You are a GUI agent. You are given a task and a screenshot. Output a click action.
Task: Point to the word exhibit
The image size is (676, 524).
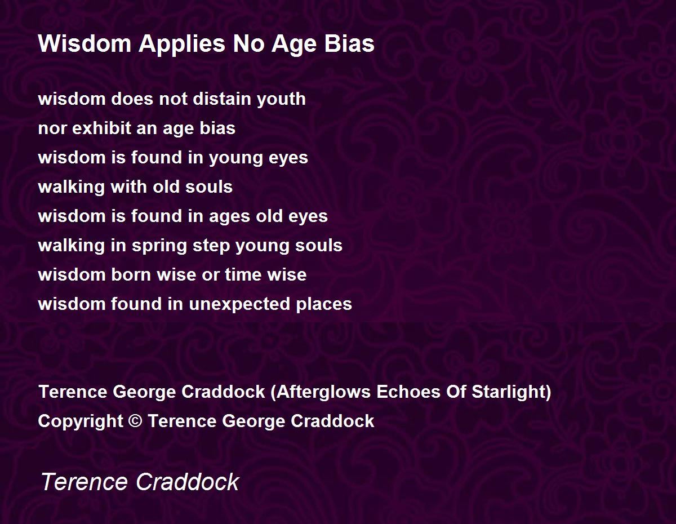(x=102, y=128)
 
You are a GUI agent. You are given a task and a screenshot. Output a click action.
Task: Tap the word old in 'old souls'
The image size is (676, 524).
(x=166, y=186)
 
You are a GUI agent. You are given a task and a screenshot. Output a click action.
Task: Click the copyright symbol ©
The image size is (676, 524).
(x=135, y=421)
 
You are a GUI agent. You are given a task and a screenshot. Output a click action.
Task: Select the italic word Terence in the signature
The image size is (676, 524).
(x=84, y=482)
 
